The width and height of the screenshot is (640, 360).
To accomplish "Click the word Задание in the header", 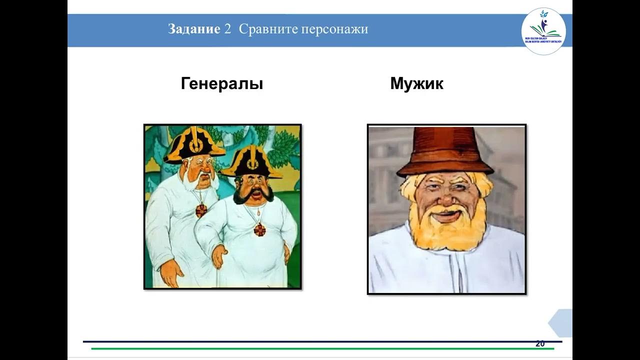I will point(194,29).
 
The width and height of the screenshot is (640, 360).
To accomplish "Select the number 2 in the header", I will point(227,29).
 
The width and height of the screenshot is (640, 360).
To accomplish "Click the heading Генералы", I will point(222,83).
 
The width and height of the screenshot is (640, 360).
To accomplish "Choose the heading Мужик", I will point(416,83).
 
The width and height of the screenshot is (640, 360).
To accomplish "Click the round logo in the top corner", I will point(543,31).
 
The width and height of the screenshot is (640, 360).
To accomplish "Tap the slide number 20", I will point(540,343).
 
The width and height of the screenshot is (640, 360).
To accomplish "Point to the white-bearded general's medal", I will point(201,210).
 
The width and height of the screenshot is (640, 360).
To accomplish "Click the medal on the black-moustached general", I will point(259,229).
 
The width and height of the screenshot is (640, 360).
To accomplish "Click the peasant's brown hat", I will point(444,150).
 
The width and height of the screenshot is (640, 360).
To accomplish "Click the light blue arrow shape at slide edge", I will point(561,323).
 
